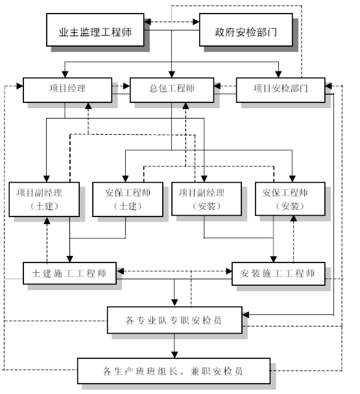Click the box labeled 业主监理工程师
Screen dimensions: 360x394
click(x=95, y=30)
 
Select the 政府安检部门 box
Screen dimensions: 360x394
click(x=246, y=30)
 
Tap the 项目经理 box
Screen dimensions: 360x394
click(x=67, y=90)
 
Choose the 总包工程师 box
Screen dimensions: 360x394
click(x=172, y=90)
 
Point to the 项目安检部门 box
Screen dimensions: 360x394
click(x=280, y=90)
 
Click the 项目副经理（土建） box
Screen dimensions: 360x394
click(x=44, y=199)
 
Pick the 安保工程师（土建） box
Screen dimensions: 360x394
click(x=128, y=199)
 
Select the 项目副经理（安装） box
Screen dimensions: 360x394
click(x=206, y=199)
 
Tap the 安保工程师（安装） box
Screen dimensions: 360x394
click(x=290, y=199)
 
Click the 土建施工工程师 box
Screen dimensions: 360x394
click(x=69, y=273)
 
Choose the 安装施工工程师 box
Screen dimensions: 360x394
click(x=278, y=273)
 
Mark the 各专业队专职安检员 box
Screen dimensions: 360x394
click(x=174, y=320)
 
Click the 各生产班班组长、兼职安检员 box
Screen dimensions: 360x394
click(x=174, y=371)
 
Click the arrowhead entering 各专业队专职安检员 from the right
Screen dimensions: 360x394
click(x=245, y=314)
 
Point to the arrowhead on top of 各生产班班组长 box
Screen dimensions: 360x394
click(x=174, y=355)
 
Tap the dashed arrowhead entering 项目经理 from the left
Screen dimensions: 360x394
click(x=20, y=86)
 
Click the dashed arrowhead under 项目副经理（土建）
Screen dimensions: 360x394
click(x=47, y=220)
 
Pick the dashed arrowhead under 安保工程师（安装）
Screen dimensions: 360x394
click(x=293, y=218)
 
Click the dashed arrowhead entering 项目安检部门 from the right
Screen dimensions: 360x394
click(x=328, y=86)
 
